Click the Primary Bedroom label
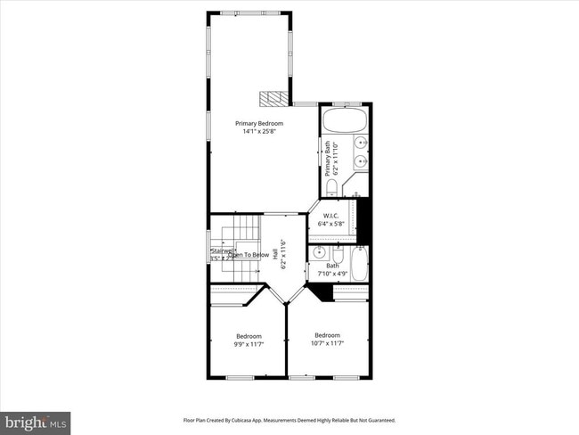click(x=259, y=123)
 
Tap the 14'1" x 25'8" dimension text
click(x=259, y=132)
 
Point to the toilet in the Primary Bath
click(x=330, y=186)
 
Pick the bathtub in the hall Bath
click(x=359, y=265)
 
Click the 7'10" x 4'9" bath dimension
click(x=333, y=273)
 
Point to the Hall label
click(x=275, y=253)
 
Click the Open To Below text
click(x=248, y=255)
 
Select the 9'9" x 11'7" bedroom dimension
click(x=249, y=343)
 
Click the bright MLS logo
click(x=36, y=419)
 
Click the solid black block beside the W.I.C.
click(x=363, y=220)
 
